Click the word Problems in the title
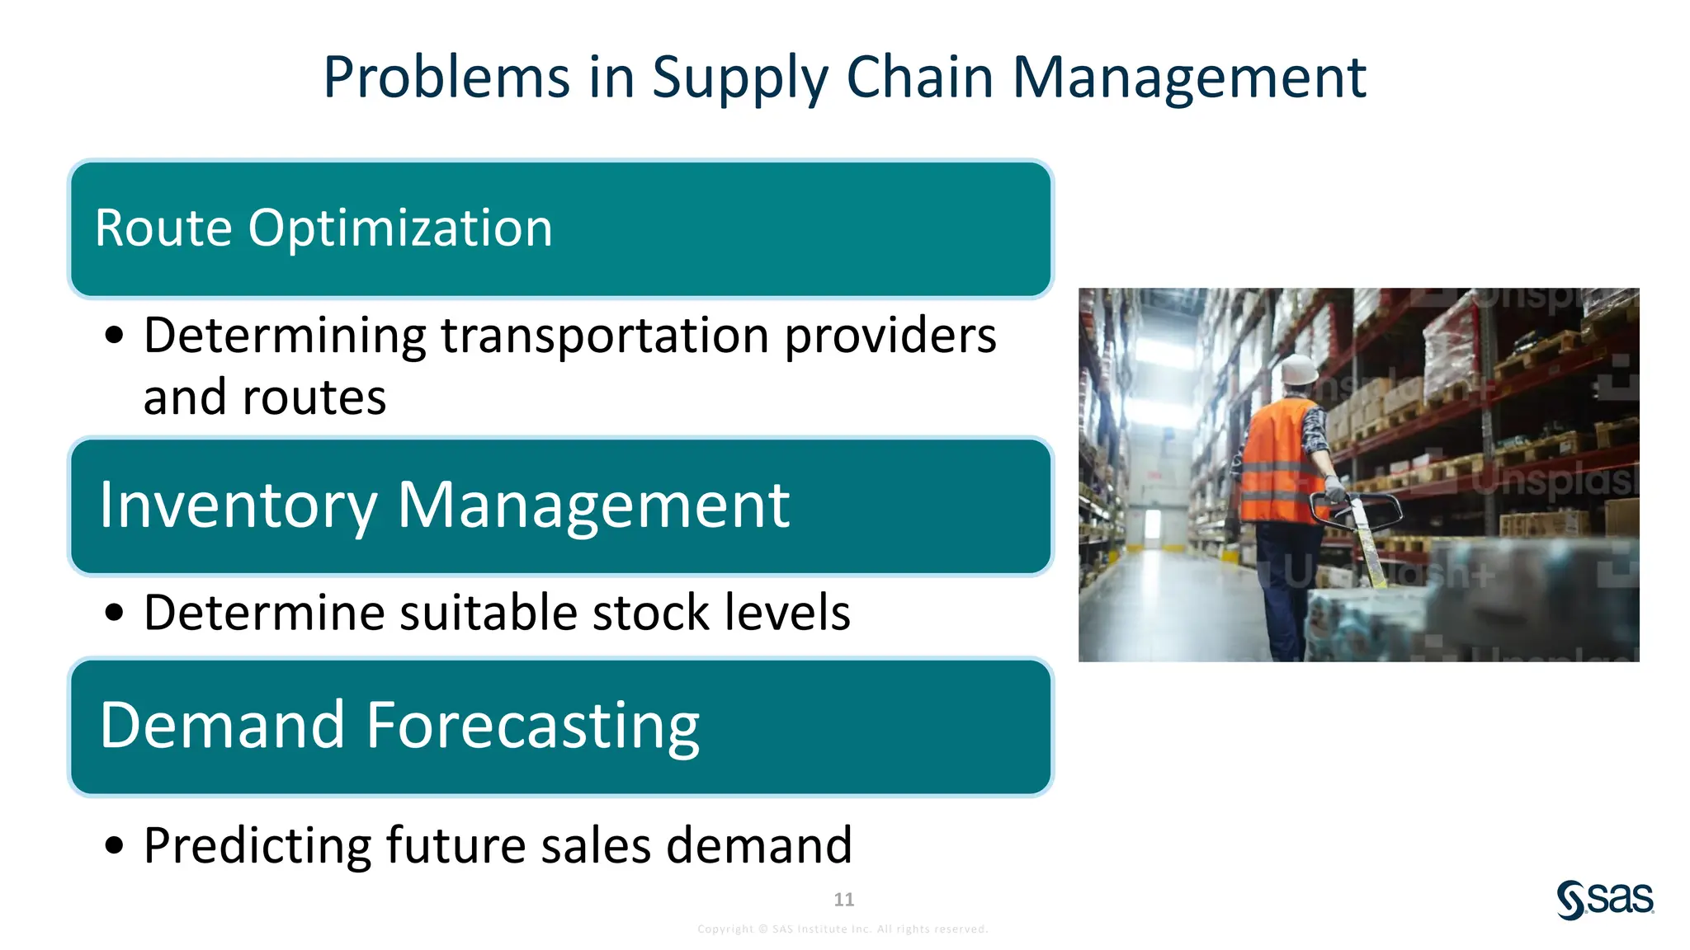(x=446, y=78)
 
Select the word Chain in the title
(x=919, y=78)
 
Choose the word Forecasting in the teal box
(x=532, y=726)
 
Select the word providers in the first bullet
(x=890, y=336)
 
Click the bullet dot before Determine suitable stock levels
(x=115, y=613)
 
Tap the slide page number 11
(x=843, y=899)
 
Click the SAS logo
(x=1605, y=899)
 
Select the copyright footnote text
(x=843, y=929)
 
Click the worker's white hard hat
(x=1299, y=369)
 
